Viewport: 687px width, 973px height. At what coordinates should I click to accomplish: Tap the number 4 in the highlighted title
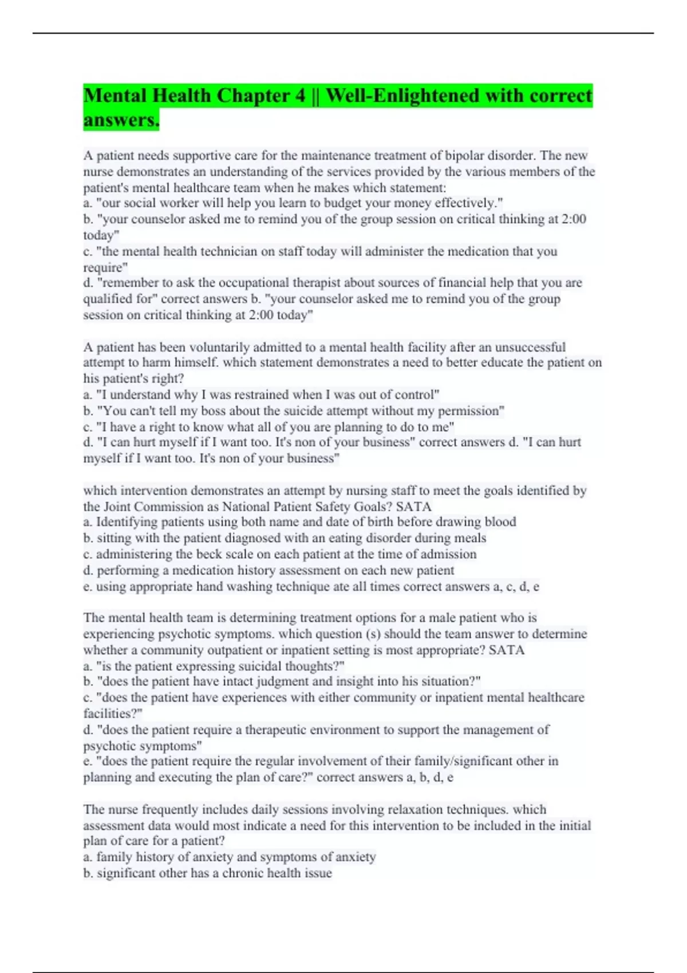301,95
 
